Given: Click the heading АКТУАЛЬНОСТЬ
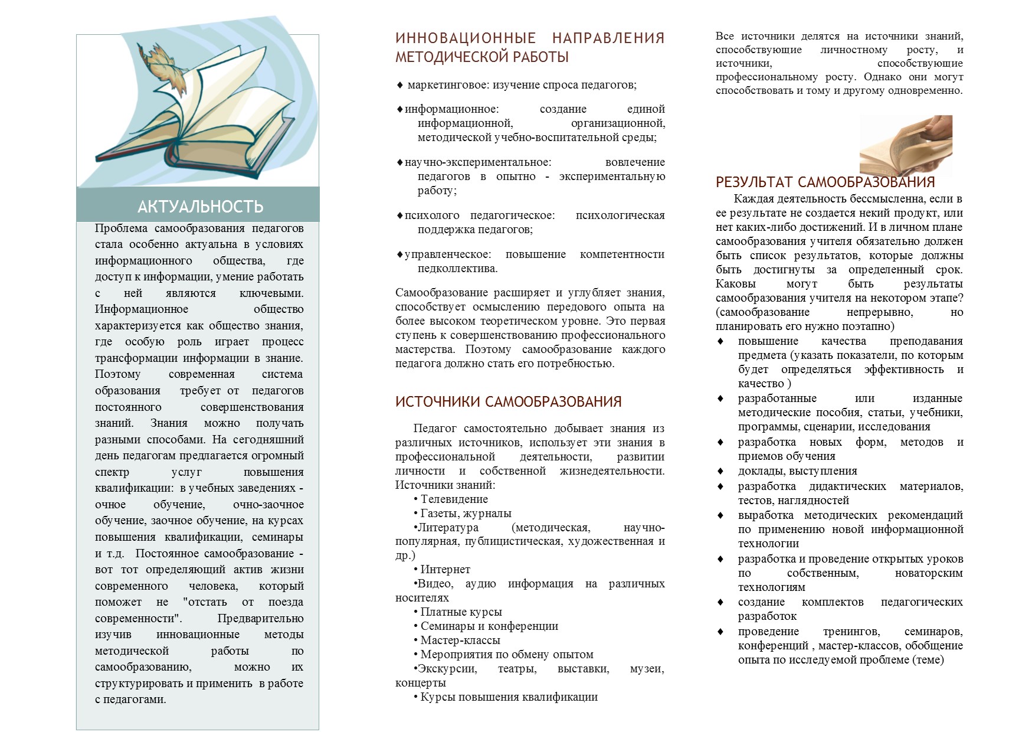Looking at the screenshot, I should pyautogui.click(x=200, y=207).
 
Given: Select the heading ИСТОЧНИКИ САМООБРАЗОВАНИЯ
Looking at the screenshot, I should pyautogui.click(x=508, y=402).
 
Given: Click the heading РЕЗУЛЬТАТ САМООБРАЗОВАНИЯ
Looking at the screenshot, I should pyautogui.click(x=825, y=182).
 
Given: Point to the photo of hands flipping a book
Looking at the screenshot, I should pyautogui.click(x=906, y=143).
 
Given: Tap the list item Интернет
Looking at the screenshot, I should pyautogui.click(x=445, y=570).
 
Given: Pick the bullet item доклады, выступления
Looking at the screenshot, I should pyautogui.click(x=797, y=471).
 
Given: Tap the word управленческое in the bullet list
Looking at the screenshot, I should pyautogui.click(x=447, y=254).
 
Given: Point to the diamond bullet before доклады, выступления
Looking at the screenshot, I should pyautogui.click(x=720, y=471).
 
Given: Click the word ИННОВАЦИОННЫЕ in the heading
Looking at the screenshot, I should pyautogui.click(x=465, y=38).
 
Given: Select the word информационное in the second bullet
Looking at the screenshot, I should pyautogui.click(x=451, y=109).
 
